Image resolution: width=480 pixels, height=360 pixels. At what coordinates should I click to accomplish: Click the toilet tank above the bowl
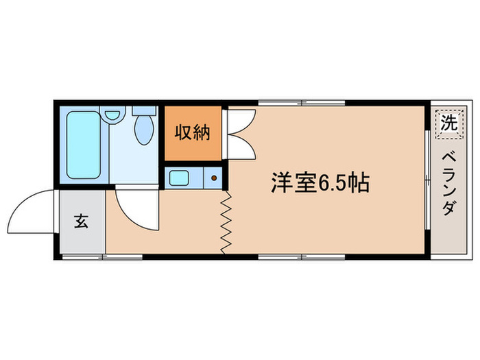click(x=144, y=109)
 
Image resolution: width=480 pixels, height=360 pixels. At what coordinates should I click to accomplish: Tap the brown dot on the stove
click(x=214, y=178)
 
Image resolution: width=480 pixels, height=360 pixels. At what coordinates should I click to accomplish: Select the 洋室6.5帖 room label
click(x=320, y=183)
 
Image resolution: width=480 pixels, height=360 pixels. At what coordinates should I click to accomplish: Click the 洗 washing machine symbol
click(x=448, y=123)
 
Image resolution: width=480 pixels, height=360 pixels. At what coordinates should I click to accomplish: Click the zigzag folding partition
click(x=226, y=221)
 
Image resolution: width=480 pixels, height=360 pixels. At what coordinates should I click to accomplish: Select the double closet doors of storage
click(x=239, y=133)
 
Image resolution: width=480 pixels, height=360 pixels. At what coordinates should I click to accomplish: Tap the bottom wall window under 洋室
click(x=302, y=257)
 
